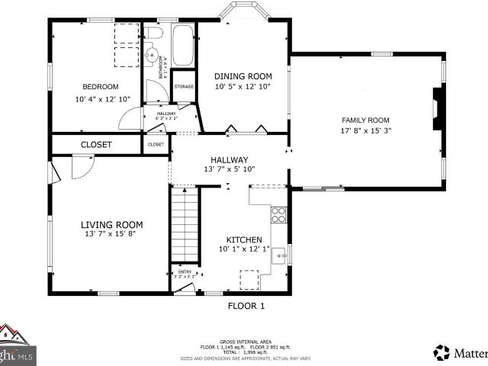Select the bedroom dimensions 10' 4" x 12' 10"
tap(102, 99)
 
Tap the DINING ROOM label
tap(242, 75)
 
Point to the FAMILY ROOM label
tap(365, 120)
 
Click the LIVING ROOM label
tap(112, 224)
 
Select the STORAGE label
tap(184, 86)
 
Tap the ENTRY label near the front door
tap(185, 271)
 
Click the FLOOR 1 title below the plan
tap(246, 306)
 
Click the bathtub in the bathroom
tap(183, 46)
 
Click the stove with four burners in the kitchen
tap(279, 214)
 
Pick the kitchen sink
tap(280, 255)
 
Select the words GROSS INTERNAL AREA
tap(246, 341)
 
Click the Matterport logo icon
tap(442, 352)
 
